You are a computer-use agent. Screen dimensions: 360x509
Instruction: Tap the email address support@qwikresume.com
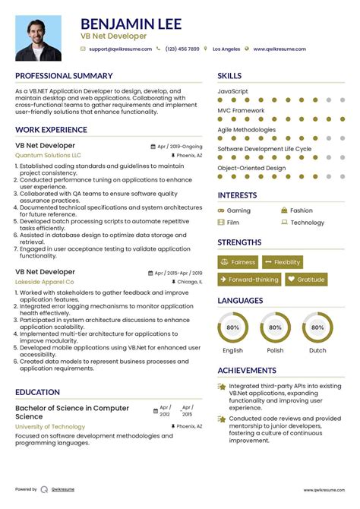118,49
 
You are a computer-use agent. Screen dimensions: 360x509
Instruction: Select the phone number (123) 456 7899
182,49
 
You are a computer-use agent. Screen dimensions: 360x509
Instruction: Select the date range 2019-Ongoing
185,145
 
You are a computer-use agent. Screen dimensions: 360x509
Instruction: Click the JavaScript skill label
233,91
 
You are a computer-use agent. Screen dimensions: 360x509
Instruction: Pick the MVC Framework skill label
241,110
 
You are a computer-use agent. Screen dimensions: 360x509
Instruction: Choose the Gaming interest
238,210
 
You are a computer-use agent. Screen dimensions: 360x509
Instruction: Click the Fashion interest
301,210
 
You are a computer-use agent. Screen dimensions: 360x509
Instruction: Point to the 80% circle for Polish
275,327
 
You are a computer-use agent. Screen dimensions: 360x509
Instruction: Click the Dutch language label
317,350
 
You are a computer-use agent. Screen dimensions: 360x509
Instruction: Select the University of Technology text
50,427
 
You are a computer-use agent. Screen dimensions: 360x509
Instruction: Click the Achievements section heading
247,370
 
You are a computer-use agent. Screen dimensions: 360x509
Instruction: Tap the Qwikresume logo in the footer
45,489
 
